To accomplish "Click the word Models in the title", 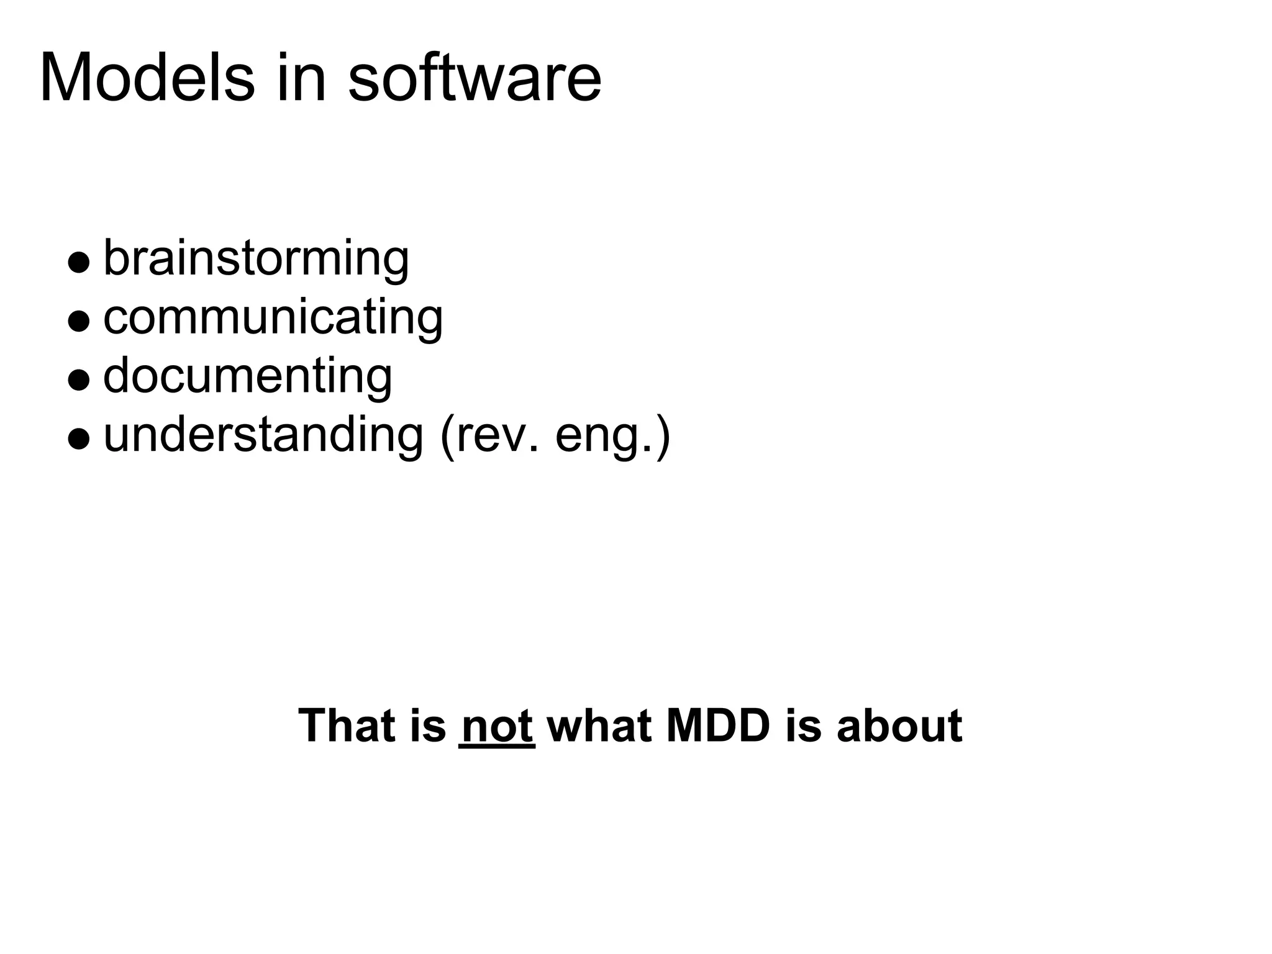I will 147,79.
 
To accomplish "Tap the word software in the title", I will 475,79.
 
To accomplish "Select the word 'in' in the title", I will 301,79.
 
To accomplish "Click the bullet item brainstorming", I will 256,258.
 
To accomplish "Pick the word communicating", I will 273,317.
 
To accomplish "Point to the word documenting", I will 247,376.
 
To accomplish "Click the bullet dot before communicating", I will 79,321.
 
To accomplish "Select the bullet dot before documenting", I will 79,379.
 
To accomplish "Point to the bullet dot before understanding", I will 79,438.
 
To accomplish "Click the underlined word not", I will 497,725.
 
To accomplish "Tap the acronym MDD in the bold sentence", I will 718,725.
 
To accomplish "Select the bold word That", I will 355,725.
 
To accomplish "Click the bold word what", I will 599,725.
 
